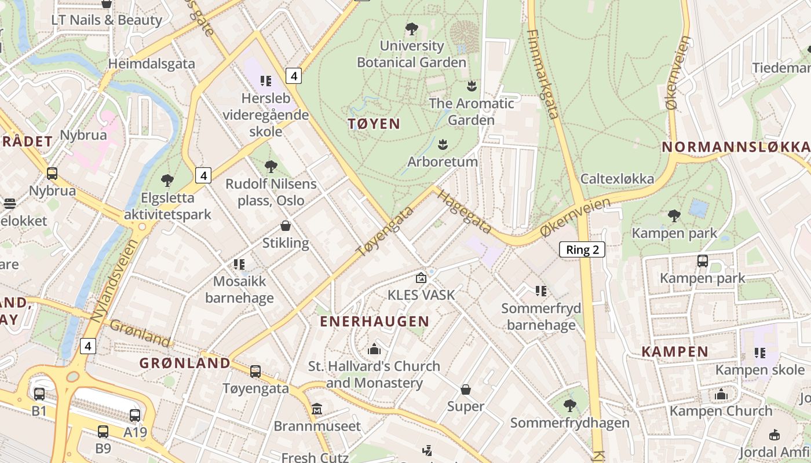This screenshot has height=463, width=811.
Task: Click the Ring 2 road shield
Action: coord(582,250)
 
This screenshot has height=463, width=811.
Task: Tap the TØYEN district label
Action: coord(374,123)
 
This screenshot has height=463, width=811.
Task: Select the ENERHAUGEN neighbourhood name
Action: coord(375,322)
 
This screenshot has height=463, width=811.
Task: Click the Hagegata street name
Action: coord(464,212)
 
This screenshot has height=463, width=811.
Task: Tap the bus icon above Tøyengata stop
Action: coord(255,371)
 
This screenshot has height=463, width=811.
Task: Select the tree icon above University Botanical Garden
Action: coord(411,28)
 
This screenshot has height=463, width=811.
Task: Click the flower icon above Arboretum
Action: coord(443,144)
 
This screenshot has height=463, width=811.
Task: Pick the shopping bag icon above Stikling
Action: coord(286,226)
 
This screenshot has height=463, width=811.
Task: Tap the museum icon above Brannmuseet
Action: coord(317,409)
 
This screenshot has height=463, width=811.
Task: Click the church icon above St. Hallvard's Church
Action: coord(374,349)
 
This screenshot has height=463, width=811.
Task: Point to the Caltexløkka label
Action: coord(617,179)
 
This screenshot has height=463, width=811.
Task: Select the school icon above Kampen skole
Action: coord(759,352)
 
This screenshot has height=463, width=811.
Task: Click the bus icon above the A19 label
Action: coord(135,415)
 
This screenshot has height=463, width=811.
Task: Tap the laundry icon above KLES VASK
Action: coord(421,278)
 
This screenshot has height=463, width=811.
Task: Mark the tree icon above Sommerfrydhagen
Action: coord(569,406)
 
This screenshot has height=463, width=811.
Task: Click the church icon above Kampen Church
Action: coord(721,394)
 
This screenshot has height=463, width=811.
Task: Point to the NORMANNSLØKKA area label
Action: coord(736,147)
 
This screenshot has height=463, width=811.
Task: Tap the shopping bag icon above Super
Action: coord(466,389)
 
